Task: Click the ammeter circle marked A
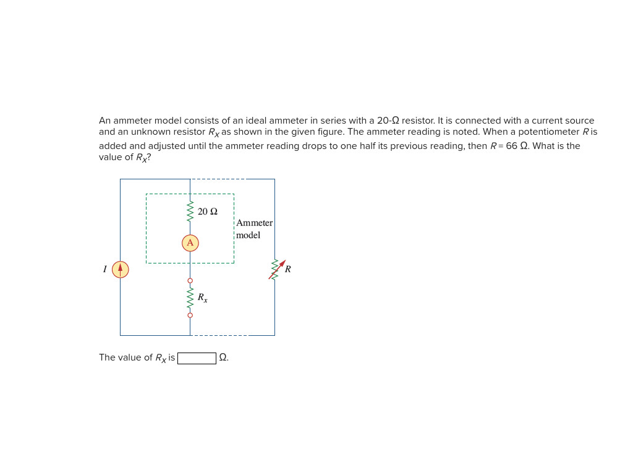190,242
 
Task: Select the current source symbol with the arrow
120,270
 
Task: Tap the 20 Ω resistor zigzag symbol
190,211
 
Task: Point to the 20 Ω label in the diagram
208,212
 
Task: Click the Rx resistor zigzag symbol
190,297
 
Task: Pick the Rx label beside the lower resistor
202,298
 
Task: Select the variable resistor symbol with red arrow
276,269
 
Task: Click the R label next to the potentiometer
287,269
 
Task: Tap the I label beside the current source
105,269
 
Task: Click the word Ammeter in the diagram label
254,223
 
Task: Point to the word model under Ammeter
248,235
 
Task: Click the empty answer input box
197,358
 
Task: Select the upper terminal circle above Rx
190,281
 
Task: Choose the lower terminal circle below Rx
190,315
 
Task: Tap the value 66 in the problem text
511,146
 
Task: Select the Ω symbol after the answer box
223,357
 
